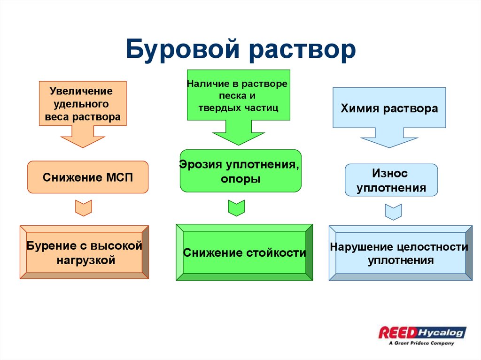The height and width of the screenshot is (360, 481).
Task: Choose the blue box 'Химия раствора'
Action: (389, 108)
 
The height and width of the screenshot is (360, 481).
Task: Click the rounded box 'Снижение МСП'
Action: (88, 177)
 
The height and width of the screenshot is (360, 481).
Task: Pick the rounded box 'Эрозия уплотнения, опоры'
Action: (240, 171)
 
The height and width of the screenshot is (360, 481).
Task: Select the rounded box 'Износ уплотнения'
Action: (391, 180)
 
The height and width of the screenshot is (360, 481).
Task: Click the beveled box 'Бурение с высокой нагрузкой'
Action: (84, 253)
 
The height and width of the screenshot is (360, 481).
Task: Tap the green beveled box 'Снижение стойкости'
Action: (244, 253)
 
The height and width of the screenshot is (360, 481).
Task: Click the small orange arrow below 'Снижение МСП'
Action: (84, 207)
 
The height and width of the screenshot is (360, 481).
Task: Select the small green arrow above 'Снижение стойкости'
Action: (236, 207)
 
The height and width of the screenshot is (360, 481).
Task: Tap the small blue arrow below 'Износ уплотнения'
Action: (393, 211)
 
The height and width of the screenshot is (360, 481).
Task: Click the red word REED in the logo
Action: (397, 333)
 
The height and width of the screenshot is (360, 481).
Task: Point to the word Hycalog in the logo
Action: (441, 333)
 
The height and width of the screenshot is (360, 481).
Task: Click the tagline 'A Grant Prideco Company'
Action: (421, 343)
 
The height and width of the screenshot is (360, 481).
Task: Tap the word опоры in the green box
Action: (240, 179)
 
